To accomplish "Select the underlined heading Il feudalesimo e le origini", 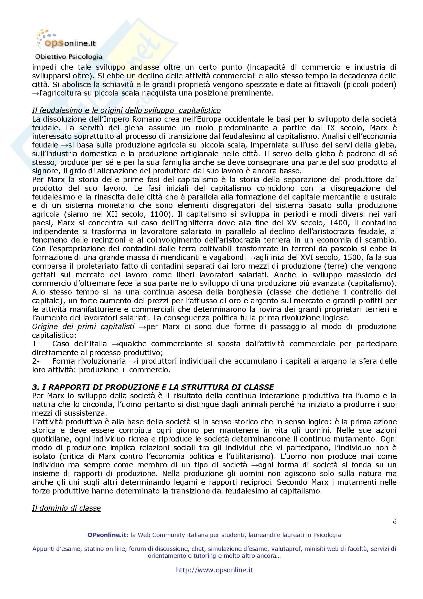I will tap(126, 110).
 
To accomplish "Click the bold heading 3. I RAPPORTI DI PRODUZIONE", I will tap(153, 387).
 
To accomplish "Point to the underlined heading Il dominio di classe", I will tap(66, 508).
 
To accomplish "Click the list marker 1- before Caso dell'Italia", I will tap(36, 344).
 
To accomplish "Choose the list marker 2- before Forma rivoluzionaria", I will tap(36, 361).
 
